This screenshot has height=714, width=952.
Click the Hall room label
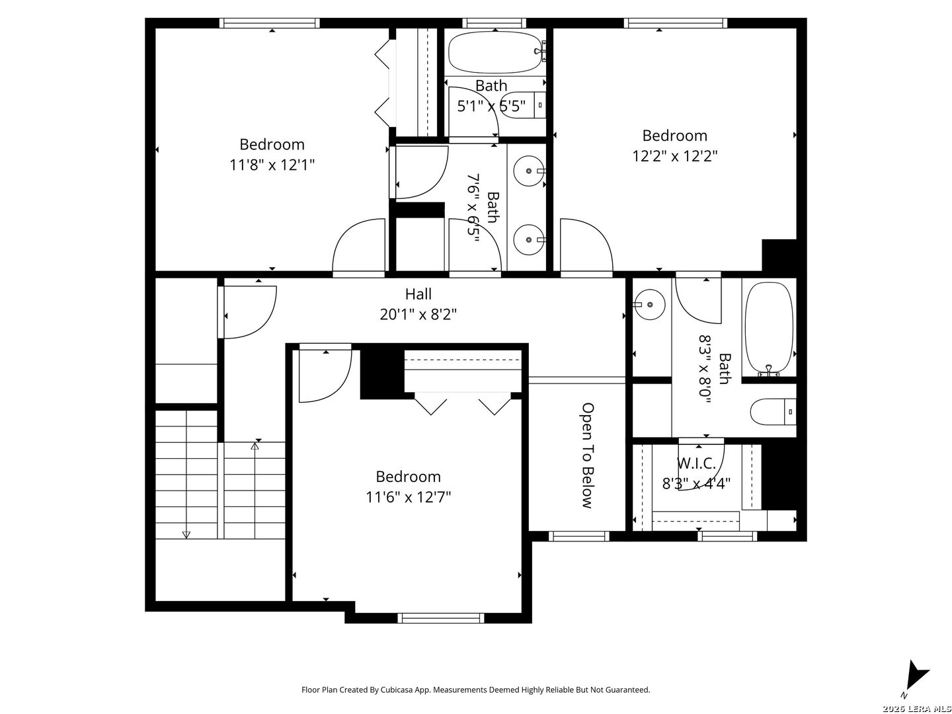[x=418, y=294]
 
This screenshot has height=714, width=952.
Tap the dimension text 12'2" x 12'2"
[x=674, y=155]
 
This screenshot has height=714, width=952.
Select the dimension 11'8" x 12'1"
[x=272, y=165]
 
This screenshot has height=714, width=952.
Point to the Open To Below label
[x=587, y=456]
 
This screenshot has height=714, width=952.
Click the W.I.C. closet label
[x=696, y=463]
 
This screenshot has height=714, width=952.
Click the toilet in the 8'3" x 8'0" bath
[x=773, y=411]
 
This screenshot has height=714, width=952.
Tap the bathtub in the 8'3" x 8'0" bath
[x=768, y=329]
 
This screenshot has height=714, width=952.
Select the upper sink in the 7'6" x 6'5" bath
[x=529, y=171]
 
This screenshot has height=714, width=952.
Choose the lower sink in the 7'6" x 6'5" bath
[x=529, y=240]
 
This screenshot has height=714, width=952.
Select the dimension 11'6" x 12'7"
[x=408, y=496]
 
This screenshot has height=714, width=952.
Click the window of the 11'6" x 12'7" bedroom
[x=441, y=617]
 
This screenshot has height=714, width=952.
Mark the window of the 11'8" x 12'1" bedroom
[x=269, y=23]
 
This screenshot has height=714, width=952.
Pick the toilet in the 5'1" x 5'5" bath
[x=524, y=105]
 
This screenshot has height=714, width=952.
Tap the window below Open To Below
[x=579, y=536]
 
